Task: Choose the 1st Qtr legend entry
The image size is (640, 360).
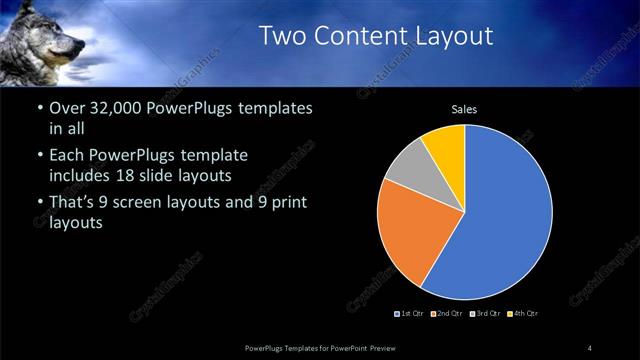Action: [x=411, y=314]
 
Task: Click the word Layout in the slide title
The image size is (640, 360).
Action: [x=455, y=36]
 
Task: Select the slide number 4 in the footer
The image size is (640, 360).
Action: [x=590, y=347]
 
